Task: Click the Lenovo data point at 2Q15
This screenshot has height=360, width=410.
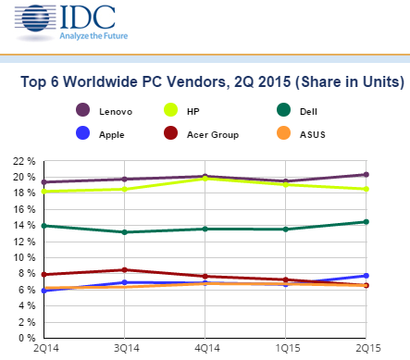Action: (367, 174)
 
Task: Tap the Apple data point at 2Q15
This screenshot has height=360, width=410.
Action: (367, 276)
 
